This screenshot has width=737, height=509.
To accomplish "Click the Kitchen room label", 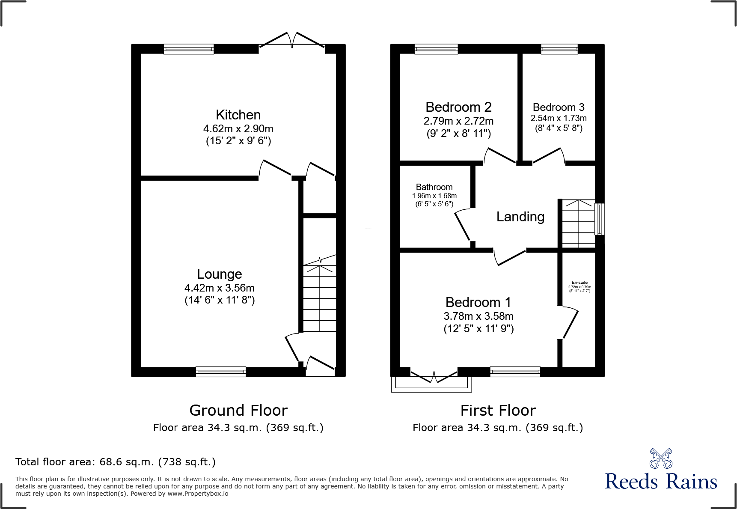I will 238,115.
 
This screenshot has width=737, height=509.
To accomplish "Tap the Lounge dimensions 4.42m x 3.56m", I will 219,288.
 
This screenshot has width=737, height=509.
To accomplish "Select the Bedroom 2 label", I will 458,107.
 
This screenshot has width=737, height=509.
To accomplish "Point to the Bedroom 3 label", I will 558,107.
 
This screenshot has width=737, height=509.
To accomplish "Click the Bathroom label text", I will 434,187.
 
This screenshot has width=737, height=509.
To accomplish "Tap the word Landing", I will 520,217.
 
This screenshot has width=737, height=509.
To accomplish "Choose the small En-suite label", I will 579,283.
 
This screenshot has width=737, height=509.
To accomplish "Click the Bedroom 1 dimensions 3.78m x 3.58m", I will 478,316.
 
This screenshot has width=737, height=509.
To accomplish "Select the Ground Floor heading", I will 238,411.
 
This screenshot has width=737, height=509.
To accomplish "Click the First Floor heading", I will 498,411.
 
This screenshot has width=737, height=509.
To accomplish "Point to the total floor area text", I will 115,462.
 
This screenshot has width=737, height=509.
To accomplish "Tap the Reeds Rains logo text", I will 661,482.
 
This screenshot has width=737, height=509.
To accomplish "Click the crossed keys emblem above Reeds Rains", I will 661,458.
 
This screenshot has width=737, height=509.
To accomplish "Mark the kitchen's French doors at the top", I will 292,42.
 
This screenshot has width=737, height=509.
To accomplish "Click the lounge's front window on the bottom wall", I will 220,372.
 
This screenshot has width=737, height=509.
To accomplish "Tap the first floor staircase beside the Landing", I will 578,223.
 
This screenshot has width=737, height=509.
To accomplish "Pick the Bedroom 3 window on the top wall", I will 559,49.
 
